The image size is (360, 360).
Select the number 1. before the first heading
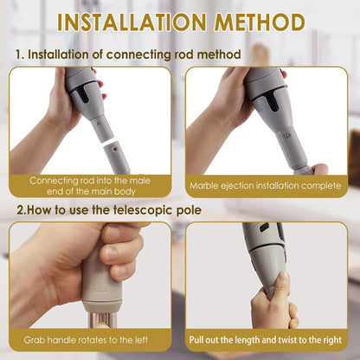click(x=19, y=55)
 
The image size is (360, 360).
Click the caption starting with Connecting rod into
click(x=91, y=185)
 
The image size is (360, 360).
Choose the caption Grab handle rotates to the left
click(x=91, y=339)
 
